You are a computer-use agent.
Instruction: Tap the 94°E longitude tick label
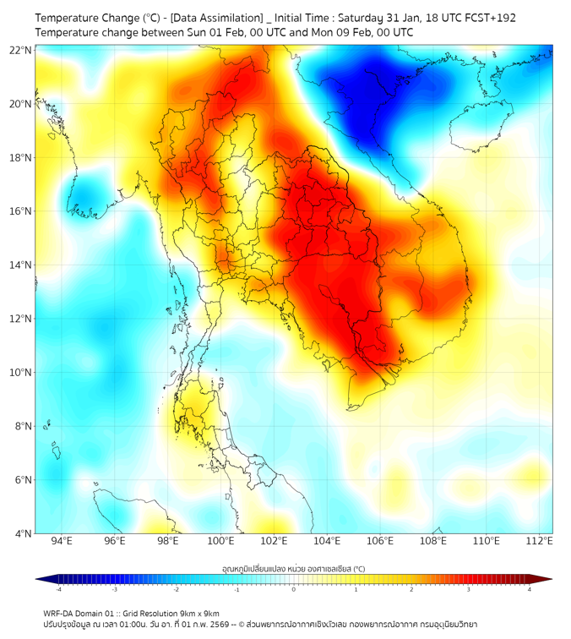(62, 541)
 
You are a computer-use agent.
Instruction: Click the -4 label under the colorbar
(58, 589)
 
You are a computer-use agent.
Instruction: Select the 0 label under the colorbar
(294, 589)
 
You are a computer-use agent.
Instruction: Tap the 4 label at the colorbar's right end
(529, 589)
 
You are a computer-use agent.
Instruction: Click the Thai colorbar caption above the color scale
(293, 568)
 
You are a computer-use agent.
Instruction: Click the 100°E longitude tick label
(220, 541)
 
